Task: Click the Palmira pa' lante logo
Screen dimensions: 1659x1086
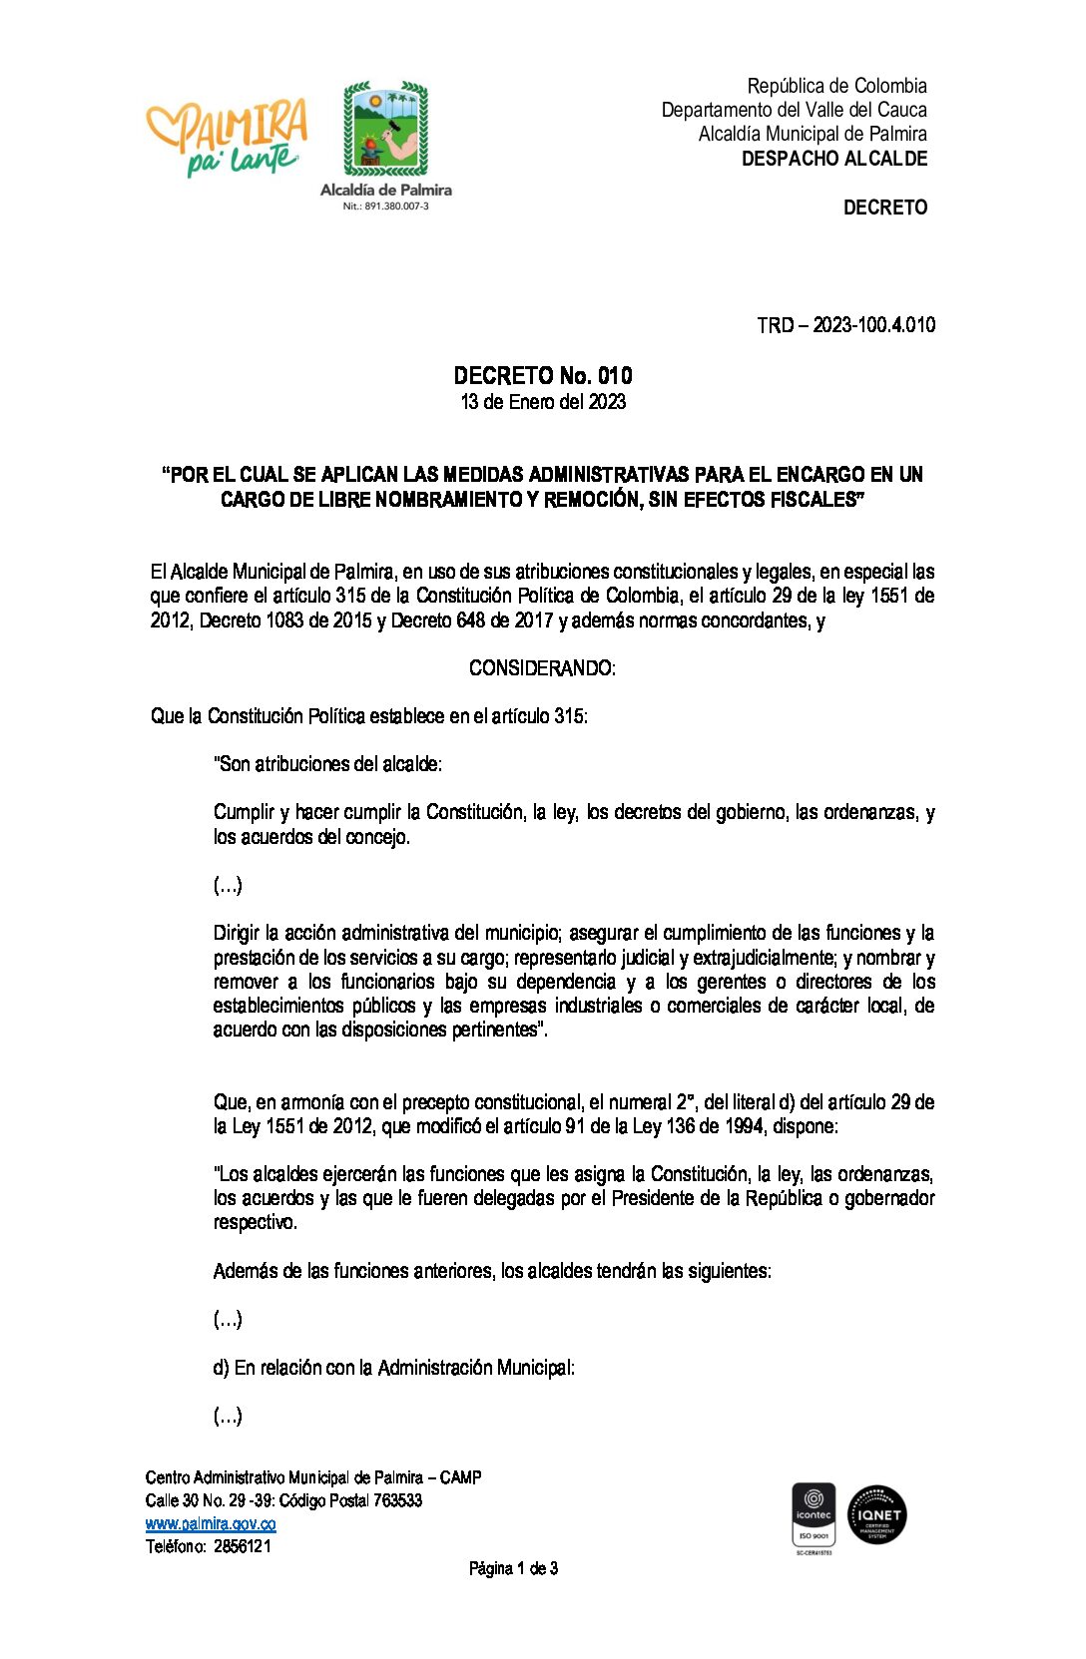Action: [228, 137]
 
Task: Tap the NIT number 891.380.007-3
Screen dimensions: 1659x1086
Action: [385, 206]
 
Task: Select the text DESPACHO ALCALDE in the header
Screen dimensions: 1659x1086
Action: [834, 159]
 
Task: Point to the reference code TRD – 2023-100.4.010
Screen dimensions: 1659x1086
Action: [845, 325]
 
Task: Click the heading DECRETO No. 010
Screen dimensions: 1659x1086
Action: [543, 376]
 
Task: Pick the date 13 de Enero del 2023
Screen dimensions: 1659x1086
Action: [543, 402]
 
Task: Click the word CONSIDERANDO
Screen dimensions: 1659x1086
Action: [541, 668]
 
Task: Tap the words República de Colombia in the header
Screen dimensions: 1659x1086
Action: [836, 86]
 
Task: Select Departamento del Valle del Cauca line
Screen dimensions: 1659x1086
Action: [794, 110]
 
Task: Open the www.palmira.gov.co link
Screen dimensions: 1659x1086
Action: [211, 1523]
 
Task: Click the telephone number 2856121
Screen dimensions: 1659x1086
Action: [242, 1546]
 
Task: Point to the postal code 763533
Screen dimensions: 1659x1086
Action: [397, 1500]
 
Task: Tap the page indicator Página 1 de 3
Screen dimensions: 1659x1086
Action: [513, 1569]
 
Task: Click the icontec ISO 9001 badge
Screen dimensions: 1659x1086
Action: [814, 1516]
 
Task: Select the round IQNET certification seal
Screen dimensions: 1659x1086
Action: [877, 1515]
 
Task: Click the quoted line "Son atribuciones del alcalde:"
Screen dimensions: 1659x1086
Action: [327, 764]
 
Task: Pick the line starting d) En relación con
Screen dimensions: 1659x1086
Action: [393, 1368]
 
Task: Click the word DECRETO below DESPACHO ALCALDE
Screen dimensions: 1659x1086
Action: [885, 207]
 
